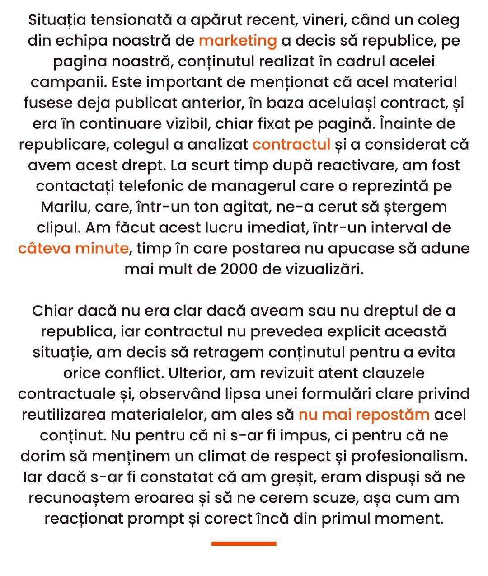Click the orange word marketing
pos(238,41)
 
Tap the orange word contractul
pos(291,145)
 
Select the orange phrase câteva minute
pos(74,249)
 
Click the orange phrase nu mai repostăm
pos(364,415)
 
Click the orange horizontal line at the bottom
pos(244,543)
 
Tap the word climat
pos(219,456)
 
